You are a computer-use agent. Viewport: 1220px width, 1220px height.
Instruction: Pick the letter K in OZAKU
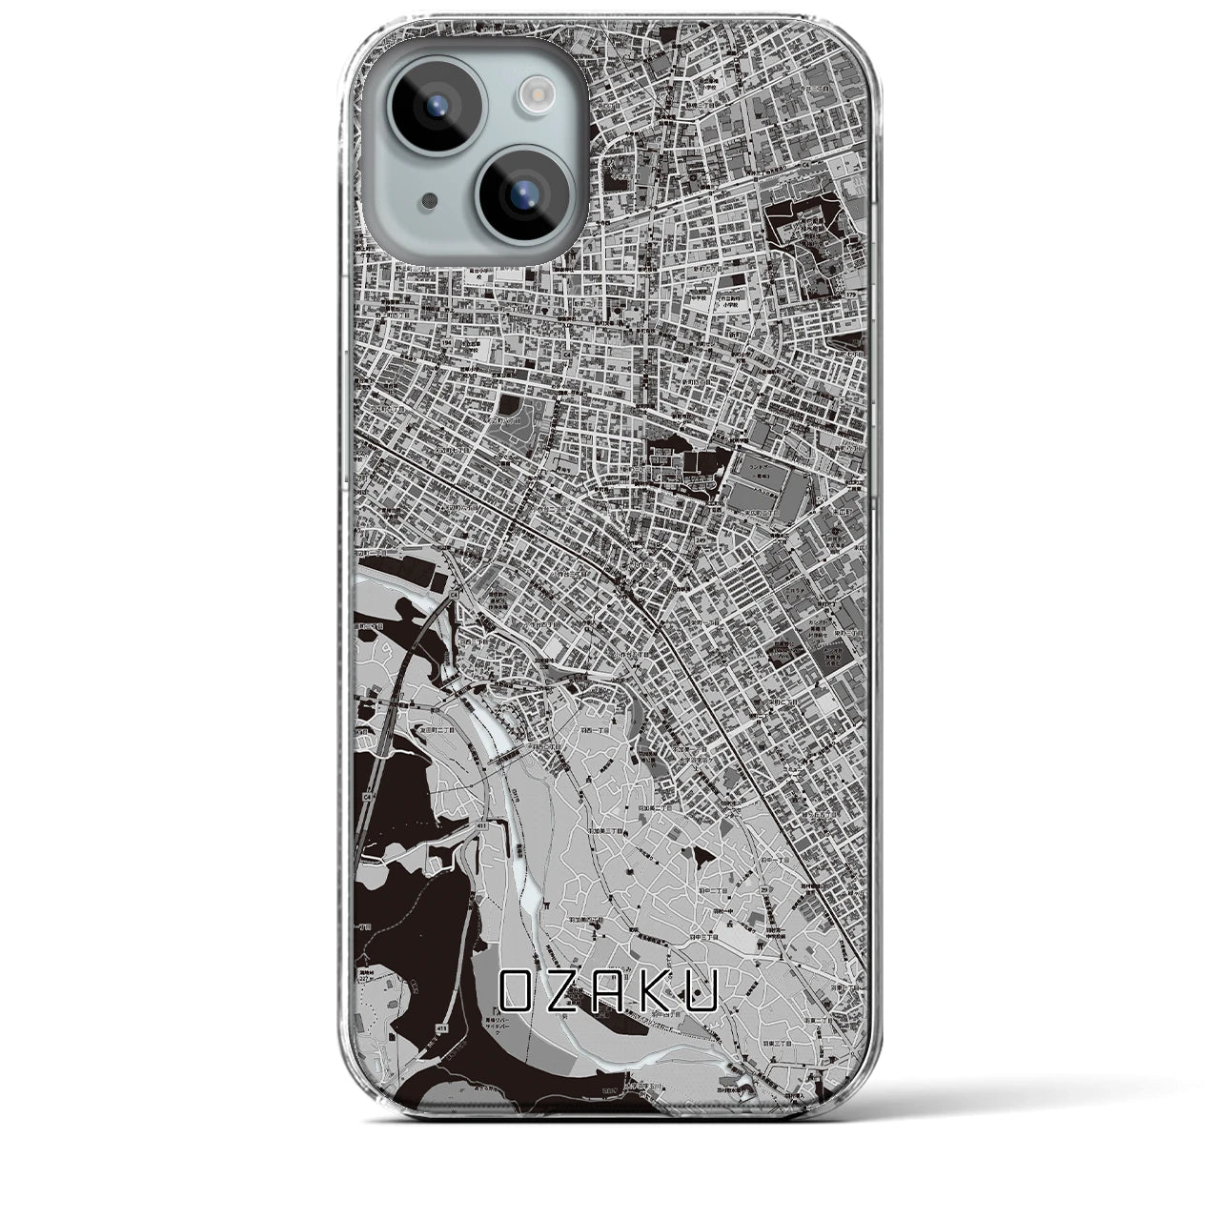(x=657, y=995)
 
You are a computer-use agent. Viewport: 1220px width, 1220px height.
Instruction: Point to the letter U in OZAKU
(x=703, y=995)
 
